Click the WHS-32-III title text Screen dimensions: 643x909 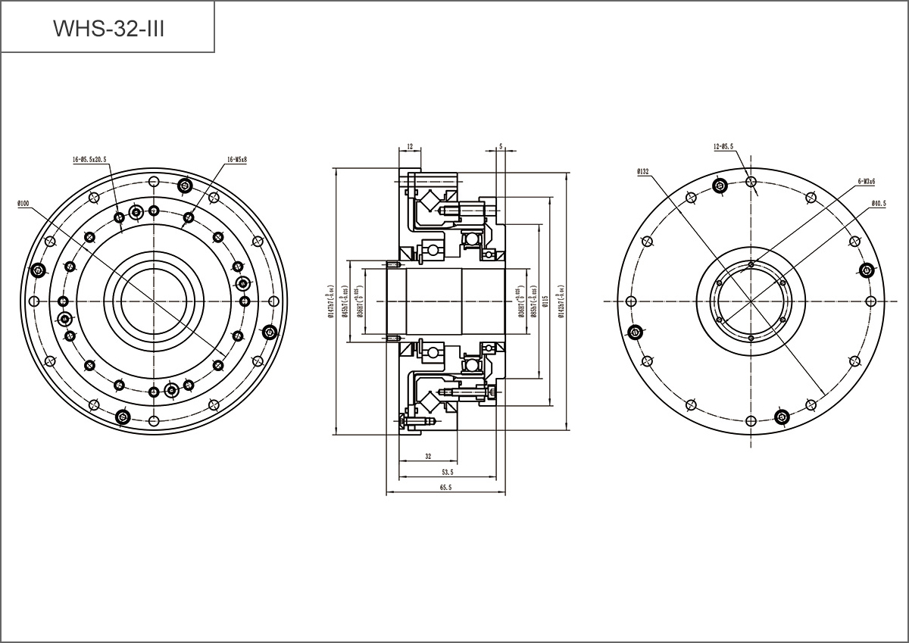[x=108, y=28]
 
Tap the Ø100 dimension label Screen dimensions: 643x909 [x=22, y=204]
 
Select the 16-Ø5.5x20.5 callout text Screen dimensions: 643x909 [x=89, y=160]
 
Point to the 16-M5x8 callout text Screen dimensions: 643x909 [x=236, y=160]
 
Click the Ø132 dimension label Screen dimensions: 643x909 [x=643, y=172]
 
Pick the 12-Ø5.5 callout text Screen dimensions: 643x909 [x=723, y=146]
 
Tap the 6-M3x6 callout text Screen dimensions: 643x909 [x=867, y=182]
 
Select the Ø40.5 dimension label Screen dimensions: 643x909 [x=879, y=203]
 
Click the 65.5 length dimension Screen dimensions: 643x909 [x=445, y=488]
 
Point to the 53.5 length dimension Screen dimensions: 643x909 [x=447, y=472]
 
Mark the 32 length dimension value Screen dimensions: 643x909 [x=428, y=457]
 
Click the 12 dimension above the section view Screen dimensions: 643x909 [x=409, y=145]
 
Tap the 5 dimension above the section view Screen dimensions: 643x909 [x=501, y=145]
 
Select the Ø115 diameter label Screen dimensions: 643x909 [x=545, y=301]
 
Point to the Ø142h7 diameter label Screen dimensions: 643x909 [x=561, y=301]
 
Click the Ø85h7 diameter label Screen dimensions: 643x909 [x=534, y=301]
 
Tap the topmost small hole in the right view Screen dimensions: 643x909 [x=751, y=181]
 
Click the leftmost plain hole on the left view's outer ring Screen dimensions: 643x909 [x=32, y=301]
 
